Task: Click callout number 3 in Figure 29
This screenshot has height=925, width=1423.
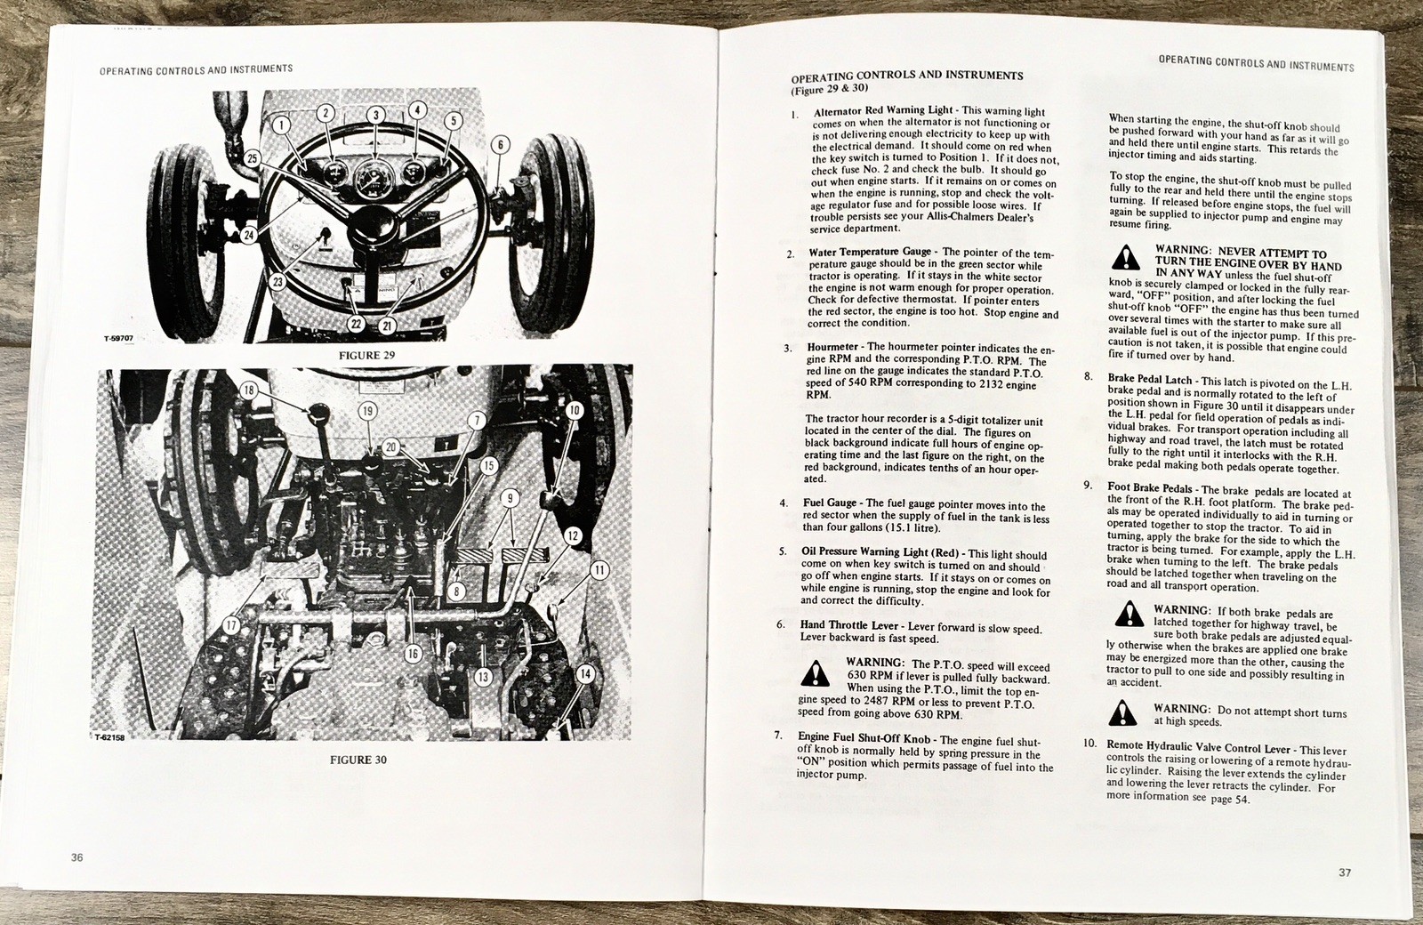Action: pos(375,115)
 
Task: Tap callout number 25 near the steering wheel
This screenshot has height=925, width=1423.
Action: pos(253,158)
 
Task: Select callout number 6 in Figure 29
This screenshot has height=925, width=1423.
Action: pos(500,145)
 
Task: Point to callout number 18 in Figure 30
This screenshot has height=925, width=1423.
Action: pos(248,390)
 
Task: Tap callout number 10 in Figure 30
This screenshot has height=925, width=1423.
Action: pos(575,410)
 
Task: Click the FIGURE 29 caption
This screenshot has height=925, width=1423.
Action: pos(366,356)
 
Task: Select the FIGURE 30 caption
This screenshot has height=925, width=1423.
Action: pos(358,760)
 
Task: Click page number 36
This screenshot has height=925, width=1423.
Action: pos(76,857)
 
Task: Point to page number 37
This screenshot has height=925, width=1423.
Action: pos(1345,873)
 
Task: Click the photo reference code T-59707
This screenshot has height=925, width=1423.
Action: pos(119,338)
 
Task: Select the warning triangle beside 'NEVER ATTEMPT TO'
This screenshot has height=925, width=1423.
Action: pos(1126,257)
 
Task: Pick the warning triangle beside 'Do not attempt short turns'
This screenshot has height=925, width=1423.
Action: pos(1122,712)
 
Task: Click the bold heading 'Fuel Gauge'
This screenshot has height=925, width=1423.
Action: pos(830,503)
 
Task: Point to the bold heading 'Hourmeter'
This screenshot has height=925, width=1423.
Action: pos(833,347)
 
